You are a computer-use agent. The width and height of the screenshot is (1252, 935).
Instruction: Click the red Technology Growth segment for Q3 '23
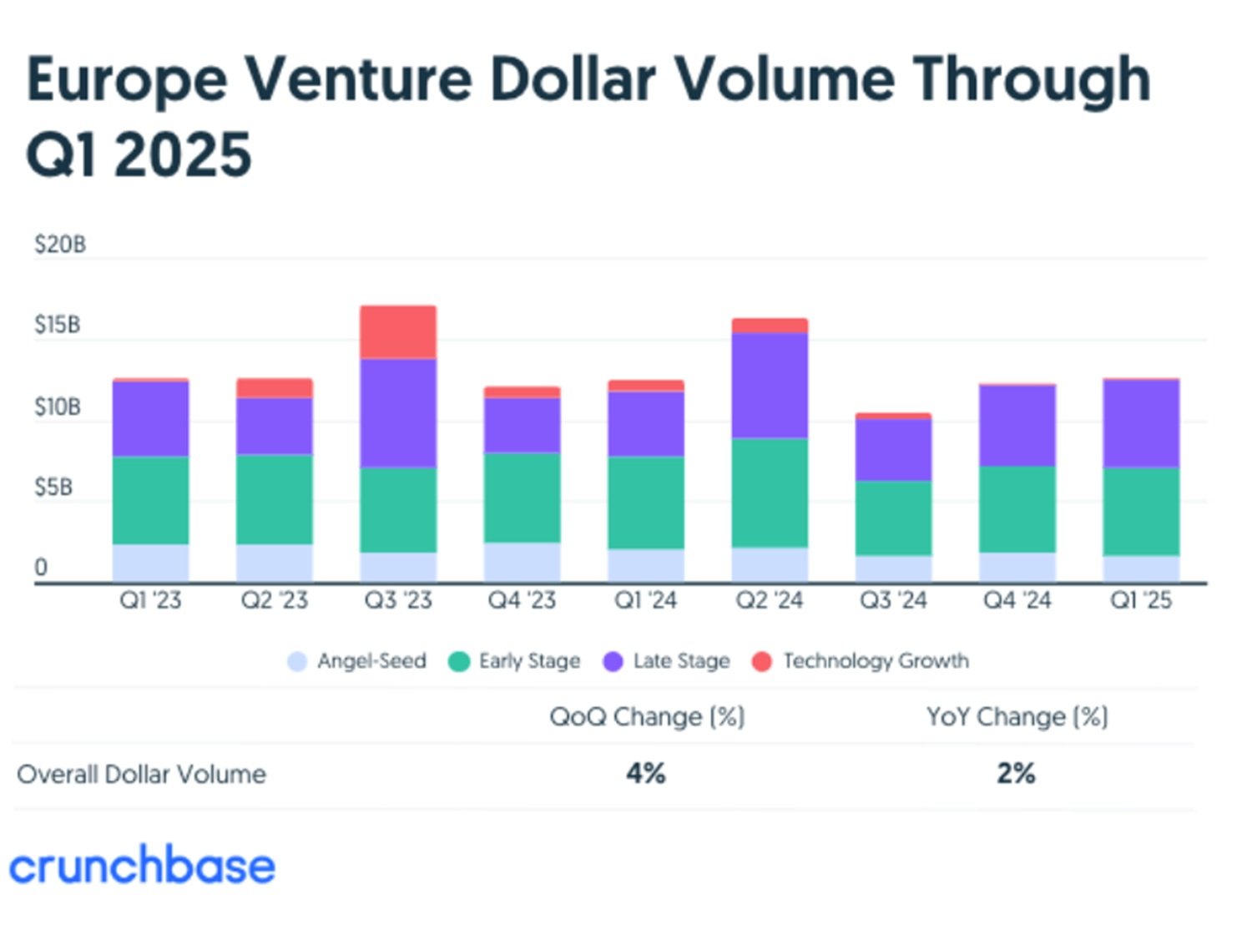coord(398,332)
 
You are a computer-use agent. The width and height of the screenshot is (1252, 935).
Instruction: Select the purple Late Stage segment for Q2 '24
coord(770,385)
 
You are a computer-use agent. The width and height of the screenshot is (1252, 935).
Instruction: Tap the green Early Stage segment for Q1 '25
coord(1141,511)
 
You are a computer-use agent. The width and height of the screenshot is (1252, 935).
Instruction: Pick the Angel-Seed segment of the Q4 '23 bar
coord(522,562)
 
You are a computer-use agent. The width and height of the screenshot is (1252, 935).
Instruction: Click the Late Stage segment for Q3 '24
coord(893,449)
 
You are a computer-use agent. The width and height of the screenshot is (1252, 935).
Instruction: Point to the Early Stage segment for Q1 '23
coord(150,500)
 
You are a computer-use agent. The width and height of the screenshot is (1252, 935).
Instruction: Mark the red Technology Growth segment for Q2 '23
coord(275,388)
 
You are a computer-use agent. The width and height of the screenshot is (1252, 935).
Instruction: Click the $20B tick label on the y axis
coord(60,245)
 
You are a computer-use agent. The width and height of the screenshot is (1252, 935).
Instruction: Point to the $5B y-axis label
coord(53,488)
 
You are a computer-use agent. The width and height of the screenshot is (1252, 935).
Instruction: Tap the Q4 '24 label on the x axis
coord(1017,600)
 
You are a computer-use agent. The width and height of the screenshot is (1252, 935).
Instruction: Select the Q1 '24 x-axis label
coord(645,600)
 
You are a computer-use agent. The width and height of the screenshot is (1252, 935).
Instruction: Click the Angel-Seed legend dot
coord(297,662)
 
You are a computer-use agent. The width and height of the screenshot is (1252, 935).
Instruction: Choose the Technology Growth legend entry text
coord(876,661)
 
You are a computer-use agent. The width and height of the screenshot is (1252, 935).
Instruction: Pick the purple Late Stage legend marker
coord(613,662)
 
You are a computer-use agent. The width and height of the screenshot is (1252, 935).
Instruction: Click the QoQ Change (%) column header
coord(647,717)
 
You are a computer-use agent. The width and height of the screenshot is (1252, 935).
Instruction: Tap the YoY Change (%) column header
coord(1017,717)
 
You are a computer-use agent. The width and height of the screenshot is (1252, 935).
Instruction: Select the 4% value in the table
coord(646,774)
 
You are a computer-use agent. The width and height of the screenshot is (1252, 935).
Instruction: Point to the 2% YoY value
coord(1016,774)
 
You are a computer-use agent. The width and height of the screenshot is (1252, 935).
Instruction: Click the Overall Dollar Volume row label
coord(142,775)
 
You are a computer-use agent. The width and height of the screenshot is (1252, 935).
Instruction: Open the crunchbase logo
coord(142,866)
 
